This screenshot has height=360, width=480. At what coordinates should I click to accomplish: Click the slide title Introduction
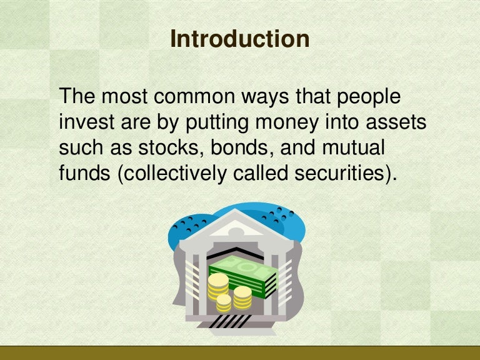click(239, 39)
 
